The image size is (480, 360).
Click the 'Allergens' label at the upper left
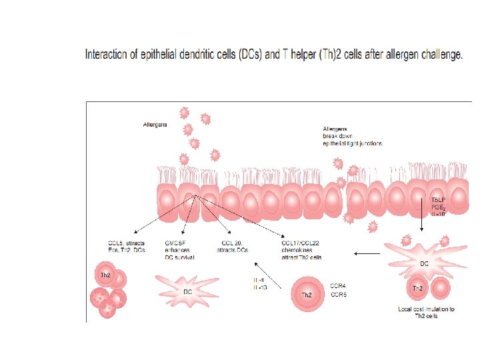(156, 125)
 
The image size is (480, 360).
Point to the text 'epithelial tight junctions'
(352, 143)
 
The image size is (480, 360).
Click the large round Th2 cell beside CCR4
(307, 294)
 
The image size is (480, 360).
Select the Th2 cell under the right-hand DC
(417, 289)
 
